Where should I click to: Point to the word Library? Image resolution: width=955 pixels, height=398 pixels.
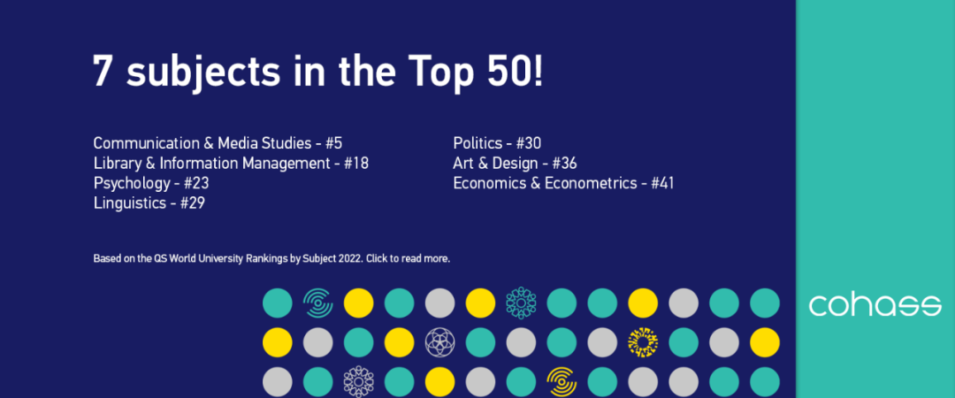pos(117,163)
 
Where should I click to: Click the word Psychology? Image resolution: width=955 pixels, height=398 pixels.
pos(131,183)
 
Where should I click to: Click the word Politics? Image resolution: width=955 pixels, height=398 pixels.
pos(477,142)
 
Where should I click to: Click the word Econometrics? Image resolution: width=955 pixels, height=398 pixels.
pos(592,183)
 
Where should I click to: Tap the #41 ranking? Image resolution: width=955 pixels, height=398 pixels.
pos(663,183)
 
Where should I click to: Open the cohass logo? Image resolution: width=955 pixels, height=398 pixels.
pos(875,306)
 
